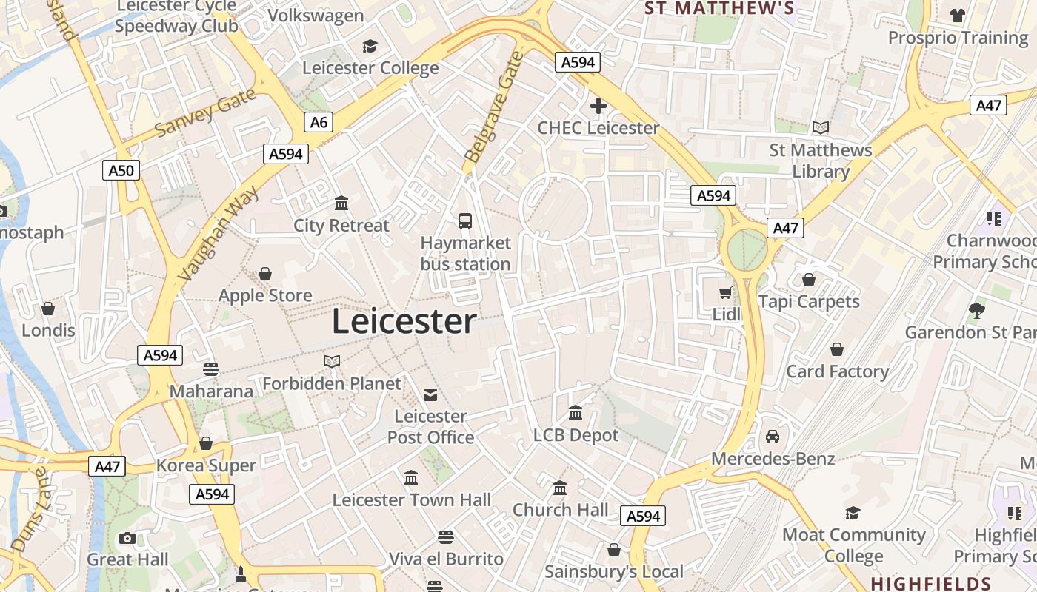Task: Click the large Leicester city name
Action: pyautogui.click(x=404, y=322)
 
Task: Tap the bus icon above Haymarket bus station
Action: pyautogui.click(x=465, y=221)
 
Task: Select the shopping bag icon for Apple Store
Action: pyautogui.click(x=265, y=275)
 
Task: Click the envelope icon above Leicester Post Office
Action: pyautogui.click(x=430, y=394)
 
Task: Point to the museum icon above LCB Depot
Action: pyautogui.click(x=576, y=412)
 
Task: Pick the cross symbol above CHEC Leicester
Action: pyautogui.click(x=598, y=107)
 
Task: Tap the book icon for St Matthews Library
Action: pyautogui.click(x=820, y=128)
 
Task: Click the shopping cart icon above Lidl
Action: pyautogui.click(x=726, y=292)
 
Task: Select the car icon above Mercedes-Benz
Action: pyautogui.click(x=773, y=437)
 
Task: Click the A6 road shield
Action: pyautogui.click(x=319, y=122)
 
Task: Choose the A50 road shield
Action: pyautogui.click(x=121, y=171)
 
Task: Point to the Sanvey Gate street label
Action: pyautogui.click(x=205, y=112)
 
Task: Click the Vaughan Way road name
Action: pyautogui.click(x=219, y=233)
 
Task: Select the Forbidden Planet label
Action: pyautogui.click(x=332, y=383)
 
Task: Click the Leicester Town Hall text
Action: pyautogui.click(x=411, y=500)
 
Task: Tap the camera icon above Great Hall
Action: pyautogui.click(x=127, y=538)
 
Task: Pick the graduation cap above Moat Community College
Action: pyautogui.click(x=853, y=513)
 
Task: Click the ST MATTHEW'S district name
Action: pyautogui.click(x=719, y=9)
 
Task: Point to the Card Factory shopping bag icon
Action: pyautogui.click(x=837, y=349)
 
